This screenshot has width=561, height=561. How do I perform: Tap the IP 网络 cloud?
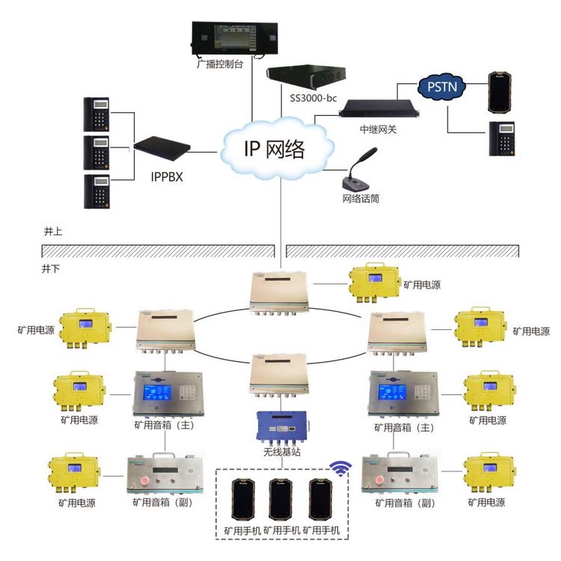[x=275, y=149]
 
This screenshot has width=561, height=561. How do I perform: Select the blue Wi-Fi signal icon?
[x=341, y=469]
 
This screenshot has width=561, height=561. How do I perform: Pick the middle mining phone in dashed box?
[x=280, y=500]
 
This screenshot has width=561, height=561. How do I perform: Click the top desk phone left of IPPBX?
[x=97, y=113]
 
